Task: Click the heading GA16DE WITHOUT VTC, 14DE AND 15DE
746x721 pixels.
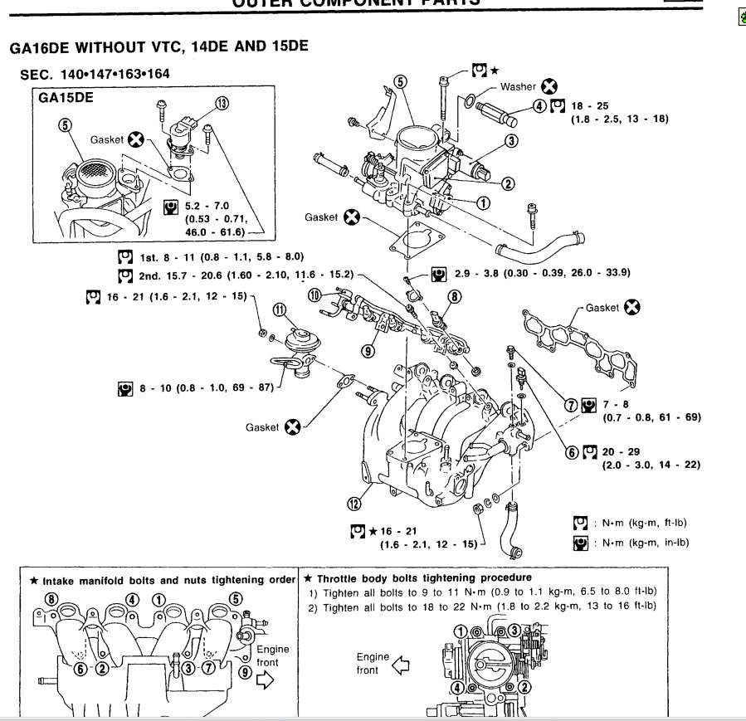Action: (158, 46)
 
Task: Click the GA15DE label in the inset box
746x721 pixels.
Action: (66, 97)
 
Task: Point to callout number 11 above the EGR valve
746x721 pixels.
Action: (280, 310)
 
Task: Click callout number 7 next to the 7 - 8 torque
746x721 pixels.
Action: (571, 405)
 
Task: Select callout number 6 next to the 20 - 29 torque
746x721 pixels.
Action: (571, 452)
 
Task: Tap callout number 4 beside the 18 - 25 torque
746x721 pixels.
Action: (539, 105)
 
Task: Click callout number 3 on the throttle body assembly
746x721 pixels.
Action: (511, 141)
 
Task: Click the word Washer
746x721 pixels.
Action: (518, 86)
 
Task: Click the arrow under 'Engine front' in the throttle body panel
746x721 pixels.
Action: (402, 664)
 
